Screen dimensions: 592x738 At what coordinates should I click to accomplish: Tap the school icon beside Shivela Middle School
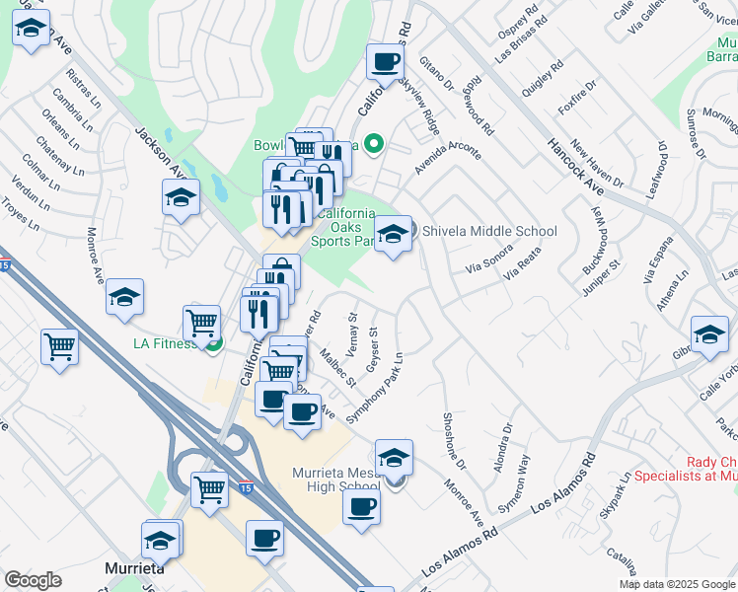tap(393, 235)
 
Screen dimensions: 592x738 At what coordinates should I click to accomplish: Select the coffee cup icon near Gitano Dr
tap(385, 62)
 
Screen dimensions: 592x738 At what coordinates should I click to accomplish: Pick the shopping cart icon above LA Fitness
tap(202, 322)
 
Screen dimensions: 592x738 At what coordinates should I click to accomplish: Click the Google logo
tap(33, 580)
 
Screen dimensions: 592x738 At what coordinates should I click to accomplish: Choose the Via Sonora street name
tap(490, 260)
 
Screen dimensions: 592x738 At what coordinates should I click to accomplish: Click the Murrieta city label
tap(133, 569)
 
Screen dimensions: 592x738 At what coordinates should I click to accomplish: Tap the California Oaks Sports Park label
tap(346, 227)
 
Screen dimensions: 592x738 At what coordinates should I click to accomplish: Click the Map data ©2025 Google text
tap(678, 584)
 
